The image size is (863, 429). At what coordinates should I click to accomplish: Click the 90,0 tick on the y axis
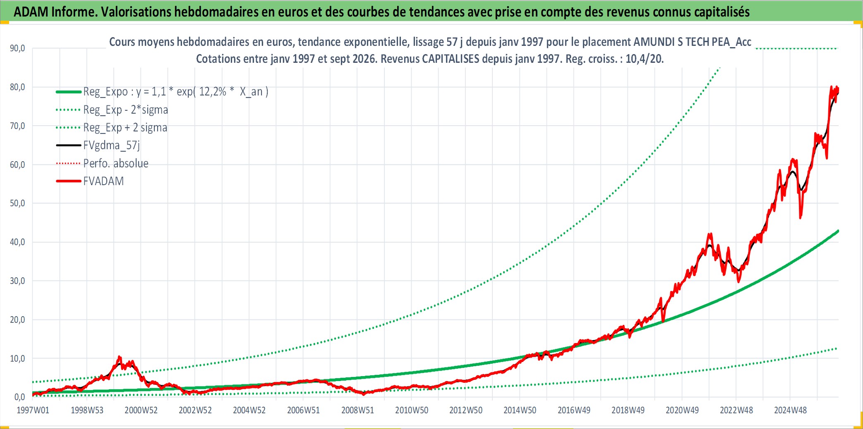17,48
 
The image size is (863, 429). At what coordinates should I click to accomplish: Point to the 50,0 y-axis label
17,203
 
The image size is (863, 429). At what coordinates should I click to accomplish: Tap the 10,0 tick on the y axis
17,358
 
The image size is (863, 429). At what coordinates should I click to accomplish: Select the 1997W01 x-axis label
33,410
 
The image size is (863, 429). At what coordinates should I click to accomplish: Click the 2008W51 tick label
357,410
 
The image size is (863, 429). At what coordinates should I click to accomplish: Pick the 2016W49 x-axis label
574,410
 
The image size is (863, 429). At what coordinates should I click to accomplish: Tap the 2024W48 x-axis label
790,410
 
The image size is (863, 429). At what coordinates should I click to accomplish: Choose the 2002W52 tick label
195,410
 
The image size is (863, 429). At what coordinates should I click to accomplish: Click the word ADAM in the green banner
31,12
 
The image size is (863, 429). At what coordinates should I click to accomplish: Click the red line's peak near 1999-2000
120,356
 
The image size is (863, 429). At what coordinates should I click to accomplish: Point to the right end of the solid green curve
838,231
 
